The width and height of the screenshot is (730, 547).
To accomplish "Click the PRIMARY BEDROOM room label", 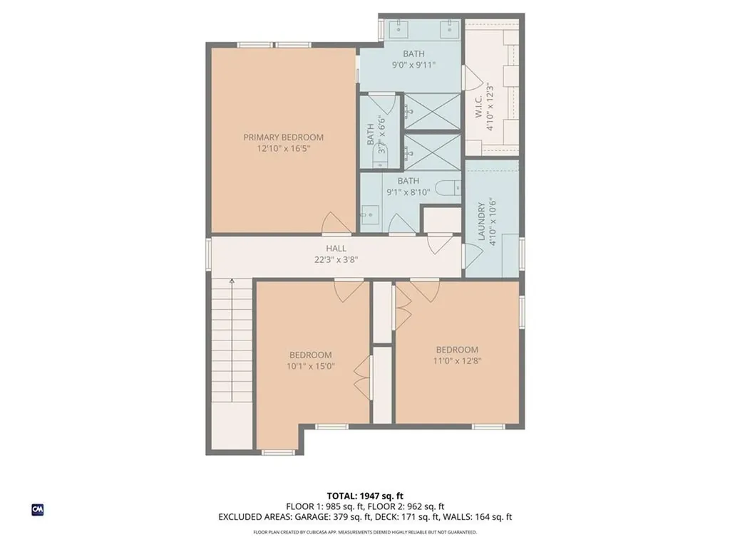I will [283, 137].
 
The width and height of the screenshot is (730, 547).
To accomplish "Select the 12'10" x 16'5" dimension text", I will [283, 149].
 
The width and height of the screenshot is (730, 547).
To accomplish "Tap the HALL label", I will [336, 248].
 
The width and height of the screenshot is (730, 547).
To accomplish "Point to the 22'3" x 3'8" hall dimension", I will [336, 260].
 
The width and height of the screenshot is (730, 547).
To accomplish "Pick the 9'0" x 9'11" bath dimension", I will [413, 65].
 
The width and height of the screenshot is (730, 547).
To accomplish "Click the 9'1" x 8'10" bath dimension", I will [408, 192].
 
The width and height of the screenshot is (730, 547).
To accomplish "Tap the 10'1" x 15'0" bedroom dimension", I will [310, 366].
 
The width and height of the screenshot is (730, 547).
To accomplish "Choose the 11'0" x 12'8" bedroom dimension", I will [457, 361].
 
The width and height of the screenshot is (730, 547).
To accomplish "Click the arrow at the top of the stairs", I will [232, 284].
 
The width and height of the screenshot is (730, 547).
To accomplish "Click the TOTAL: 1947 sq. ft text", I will [365, 496].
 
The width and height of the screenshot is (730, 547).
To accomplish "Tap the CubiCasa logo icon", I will [37, 510].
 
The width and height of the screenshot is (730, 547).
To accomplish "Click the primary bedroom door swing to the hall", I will [336, 223].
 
